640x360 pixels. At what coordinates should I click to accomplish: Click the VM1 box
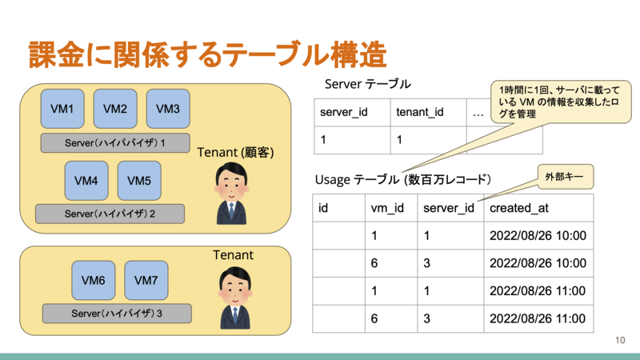point(62,109)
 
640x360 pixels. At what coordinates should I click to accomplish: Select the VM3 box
point(168,109)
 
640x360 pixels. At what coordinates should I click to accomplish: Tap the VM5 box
point(139,181)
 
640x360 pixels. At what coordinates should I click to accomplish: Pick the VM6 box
point(94,281)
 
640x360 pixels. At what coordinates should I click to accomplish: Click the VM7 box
point(146,281)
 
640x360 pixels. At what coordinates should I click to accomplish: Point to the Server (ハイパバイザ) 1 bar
point(115,143)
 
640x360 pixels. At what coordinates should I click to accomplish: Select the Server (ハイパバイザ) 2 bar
point(110,214)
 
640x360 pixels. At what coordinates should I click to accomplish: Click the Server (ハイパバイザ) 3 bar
point(117,314)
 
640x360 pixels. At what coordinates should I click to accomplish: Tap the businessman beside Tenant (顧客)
point(232,194)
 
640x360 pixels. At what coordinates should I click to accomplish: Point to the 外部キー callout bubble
point(566,177)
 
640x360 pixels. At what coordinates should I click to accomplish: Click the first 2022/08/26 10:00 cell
point(538,235)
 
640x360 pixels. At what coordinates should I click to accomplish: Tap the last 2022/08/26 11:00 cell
point(538,318)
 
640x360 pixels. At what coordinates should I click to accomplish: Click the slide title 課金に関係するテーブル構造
point(208,54)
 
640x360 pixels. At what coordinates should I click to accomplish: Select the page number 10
point(620,341)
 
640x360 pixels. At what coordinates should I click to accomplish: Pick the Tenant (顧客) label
point(235,153)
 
